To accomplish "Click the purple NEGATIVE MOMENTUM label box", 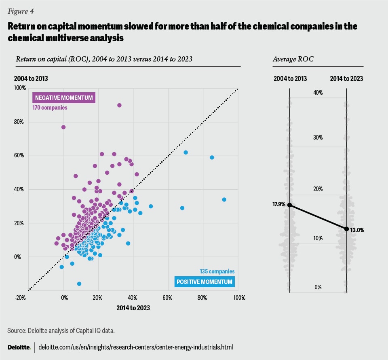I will pos(64,98).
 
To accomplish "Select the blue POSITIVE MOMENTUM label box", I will pos(205,282).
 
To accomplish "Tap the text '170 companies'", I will pos(50,108).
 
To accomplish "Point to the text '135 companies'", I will pos(217,272).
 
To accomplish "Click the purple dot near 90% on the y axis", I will pos(119,105).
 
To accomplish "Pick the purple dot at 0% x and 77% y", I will pos(63,127).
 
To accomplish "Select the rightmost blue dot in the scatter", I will pos(224,199).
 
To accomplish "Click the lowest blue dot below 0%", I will pos(79,284).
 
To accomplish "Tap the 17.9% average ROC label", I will pos(279,205).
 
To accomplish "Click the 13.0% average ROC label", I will pos(357,230).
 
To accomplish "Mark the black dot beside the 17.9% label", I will pos(289,205).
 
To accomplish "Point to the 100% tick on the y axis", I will pos(20,88).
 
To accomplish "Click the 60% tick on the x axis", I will pos(168,298).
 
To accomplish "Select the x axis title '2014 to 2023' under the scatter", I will pos(133,308).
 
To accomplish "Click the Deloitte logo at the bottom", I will pos(19,347).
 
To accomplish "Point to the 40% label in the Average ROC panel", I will pos(318,93).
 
